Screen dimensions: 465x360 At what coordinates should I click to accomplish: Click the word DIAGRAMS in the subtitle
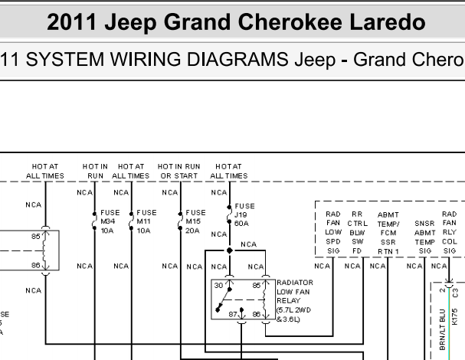(237, 59)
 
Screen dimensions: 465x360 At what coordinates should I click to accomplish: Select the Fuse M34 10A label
(110, 221)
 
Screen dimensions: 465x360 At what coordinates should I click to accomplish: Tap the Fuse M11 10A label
(146, 221)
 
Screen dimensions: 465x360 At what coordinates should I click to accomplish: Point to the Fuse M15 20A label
(195, 221)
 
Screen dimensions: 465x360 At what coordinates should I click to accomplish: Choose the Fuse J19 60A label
(244, 214)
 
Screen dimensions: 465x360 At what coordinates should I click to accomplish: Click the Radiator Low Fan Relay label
(294, 301)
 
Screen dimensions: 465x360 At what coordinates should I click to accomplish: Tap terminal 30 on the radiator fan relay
(218, 285)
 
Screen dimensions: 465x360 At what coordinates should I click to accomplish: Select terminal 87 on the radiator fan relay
(233, 314)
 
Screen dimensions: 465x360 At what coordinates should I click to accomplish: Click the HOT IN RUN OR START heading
(178, 171)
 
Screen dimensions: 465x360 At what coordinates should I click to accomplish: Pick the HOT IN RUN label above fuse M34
(95, 171)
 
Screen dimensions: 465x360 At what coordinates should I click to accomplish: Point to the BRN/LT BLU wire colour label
(443, 329)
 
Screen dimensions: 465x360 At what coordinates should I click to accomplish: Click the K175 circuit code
(455, 316)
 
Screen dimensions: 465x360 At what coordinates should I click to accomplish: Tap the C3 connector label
(456, 293)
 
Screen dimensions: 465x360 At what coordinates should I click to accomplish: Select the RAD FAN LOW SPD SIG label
(333, 233)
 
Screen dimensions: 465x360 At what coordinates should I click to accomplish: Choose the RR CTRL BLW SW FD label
(357, 233)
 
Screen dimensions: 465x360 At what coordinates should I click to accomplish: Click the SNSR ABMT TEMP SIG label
(424, 237)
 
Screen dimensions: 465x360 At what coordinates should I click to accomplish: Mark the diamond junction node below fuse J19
(230, 250)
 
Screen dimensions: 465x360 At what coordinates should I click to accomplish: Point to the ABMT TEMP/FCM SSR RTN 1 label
(388, 233)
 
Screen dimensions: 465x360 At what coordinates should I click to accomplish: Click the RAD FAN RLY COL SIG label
(449, 233)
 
